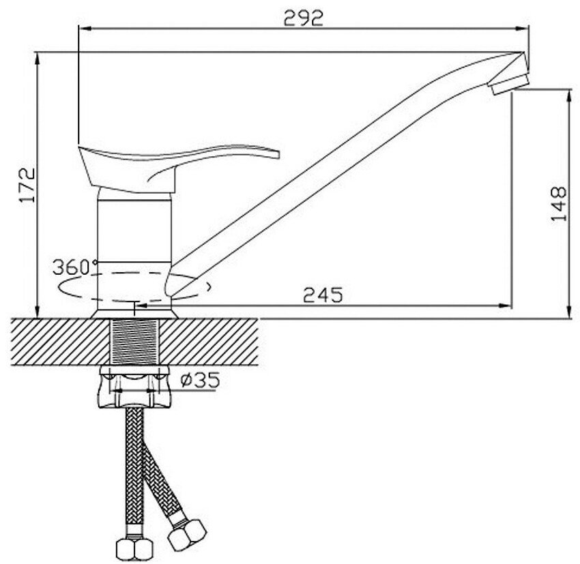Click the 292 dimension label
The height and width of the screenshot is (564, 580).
click(304, 18)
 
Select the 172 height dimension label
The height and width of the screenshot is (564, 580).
click(27, 185)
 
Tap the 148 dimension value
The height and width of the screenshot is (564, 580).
click(558, 204)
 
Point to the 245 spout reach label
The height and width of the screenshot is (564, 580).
click(323, 295)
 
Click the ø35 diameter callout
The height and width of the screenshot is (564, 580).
click(200, 380)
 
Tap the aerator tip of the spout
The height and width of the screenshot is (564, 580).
click(509, 85)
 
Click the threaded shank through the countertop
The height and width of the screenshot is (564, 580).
click(134, 342)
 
